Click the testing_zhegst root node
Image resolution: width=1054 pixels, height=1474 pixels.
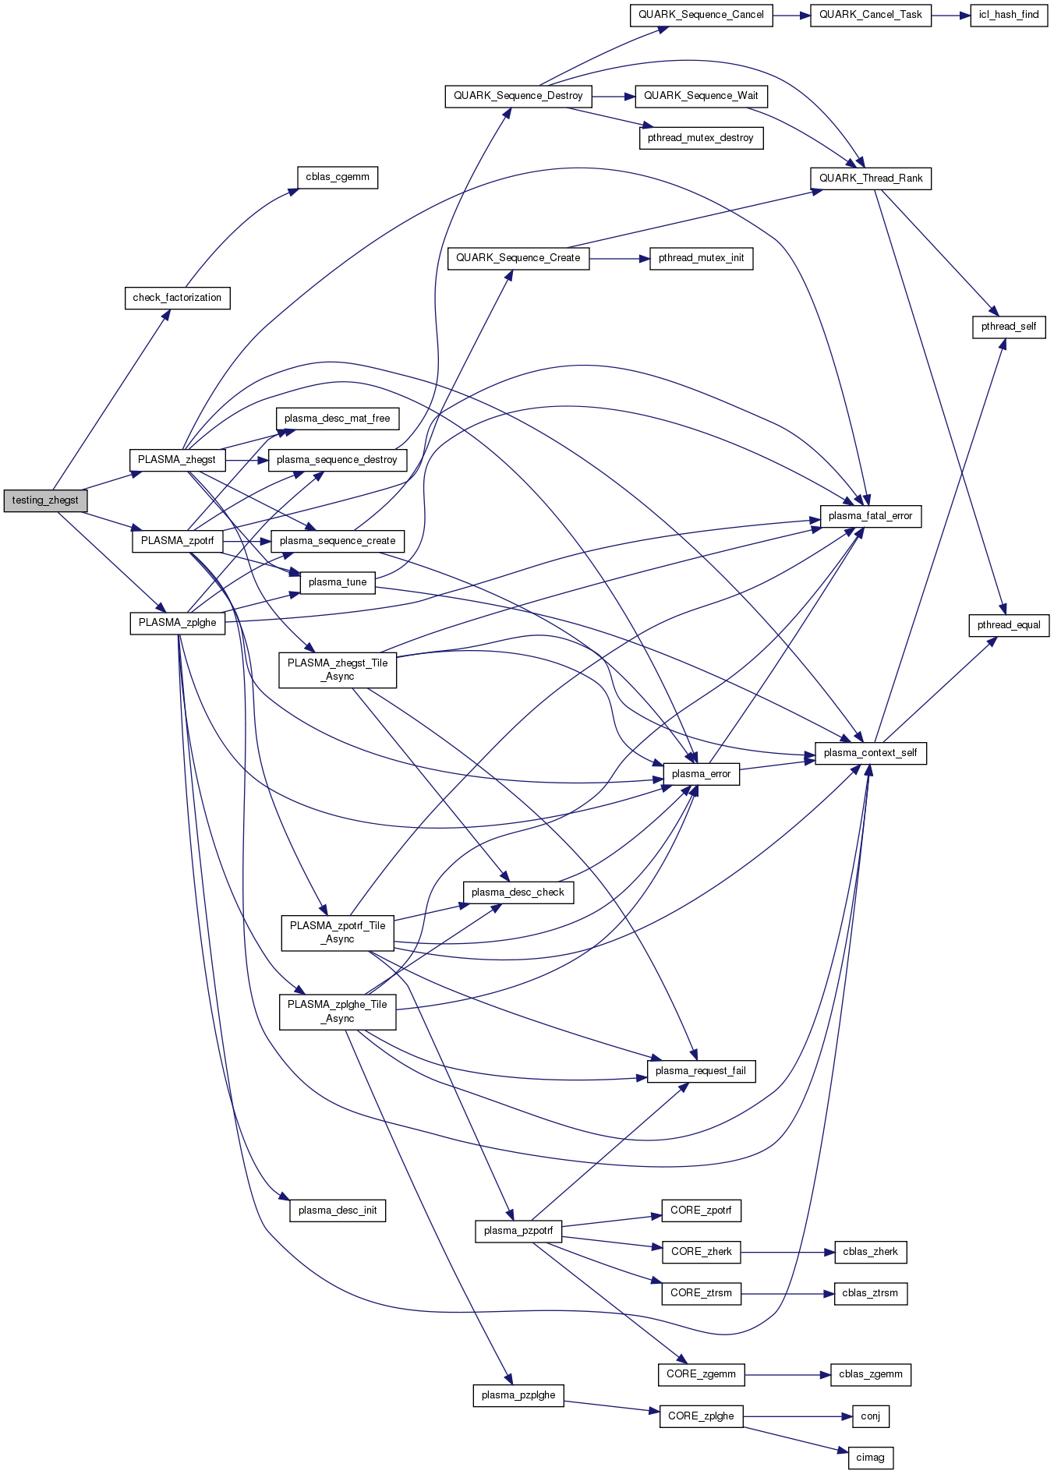point(45,500)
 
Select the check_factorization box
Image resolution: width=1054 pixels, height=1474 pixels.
point(177,298)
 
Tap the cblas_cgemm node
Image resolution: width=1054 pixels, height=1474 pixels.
point(337,177)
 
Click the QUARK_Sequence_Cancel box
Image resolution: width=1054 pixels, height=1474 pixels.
point(701,15)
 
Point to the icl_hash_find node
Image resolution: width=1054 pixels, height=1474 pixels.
point(1008,15)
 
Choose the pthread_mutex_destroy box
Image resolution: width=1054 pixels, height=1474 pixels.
point(700,138)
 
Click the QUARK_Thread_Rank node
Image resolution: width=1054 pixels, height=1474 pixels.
point(870,179)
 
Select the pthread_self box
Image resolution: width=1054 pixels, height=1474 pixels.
point(1008,327)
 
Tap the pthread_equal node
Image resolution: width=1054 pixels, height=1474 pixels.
point(1008,625)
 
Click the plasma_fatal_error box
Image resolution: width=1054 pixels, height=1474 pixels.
point(870,516)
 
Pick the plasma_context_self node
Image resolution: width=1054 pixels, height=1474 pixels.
point(870,753)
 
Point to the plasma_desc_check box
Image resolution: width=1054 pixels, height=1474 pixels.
point(518,893)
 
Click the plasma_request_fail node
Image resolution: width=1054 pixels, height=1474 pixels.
point(700,1071)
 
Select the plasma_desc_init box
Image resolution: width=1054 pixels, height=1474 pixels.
point(337,1211)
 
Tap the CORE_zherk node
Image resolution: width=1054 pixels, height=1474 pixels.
point(701,1252)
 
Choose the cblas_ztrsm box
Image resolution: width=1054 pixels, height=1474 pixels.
point(870,1293)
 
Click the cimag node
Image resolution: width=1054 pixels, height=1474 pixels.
point(870,1458)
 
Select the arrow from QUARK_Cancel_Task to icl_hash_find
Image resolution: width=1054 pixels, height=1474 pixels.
point(950,15)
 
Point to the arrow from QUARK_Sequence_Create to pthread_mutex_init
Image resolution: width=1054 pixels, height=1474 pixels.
point(619,258)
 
